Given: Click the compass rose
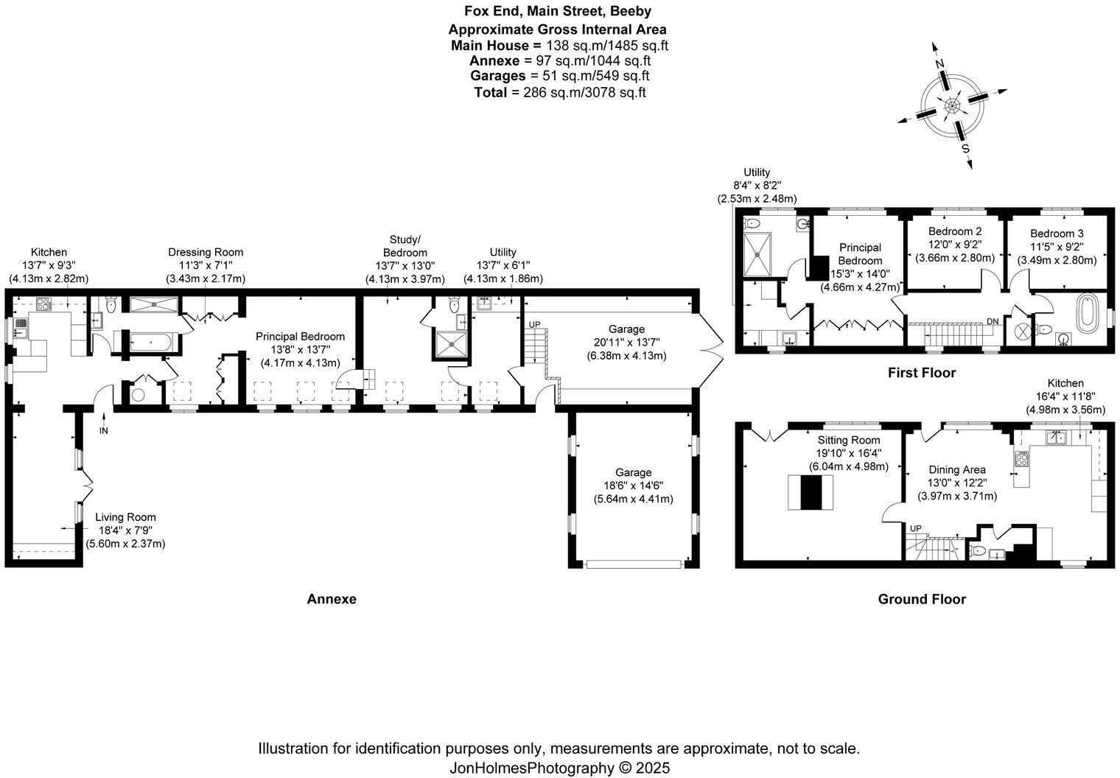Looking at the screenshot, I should pyautogui.click(x=952, y=107).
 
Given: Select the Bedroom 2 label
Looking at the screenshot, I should pyautogui.click(x=954, y=231).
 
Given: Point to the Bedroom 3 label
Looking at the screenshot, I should pyautogui.click(x=1057, y=234).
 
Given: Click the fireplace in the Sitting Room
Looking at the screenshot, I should pyautogui.click(x=811, y=492).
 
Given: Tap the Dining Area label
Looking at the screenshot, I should pyautogui.click(x=956, y=469).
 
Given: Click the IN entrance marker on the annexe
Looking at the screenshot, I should pyautogui.click(x=104, y=430).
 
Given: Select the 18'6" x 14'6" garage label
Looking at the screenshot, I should pyautogui.click(x=633, y=486).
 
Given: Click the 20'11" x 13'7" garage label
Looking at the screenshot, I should pyautogui.click(x=626, y=342).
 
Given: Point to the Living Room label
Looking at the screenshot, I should pyautogui.click(x=125, y=517).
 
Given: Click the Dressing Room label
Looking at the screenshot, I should pyautogui.click(x=206, y=252).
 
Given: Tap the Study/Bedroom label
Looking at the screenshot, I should pyautogui.click(x=405, y=246).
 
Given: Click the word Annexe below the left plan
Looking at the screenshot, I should pyautogui.click(x=331, y=599).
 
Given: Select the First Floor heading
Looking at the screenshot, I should pyautogui.click(x=921, y=373).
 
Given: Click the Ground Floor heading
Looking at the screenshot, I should pyautogui.click(x=921, y=599).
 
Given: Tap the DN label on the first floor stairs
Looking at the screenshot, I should pyautogui.click(x=993, y=321).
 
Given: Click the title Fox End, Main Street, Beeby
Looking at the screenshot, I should pyautogui.click(x=557, y=11).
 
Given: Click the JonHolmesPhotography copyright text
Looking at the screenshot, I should pyautogui.click(x=560, y=768).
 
